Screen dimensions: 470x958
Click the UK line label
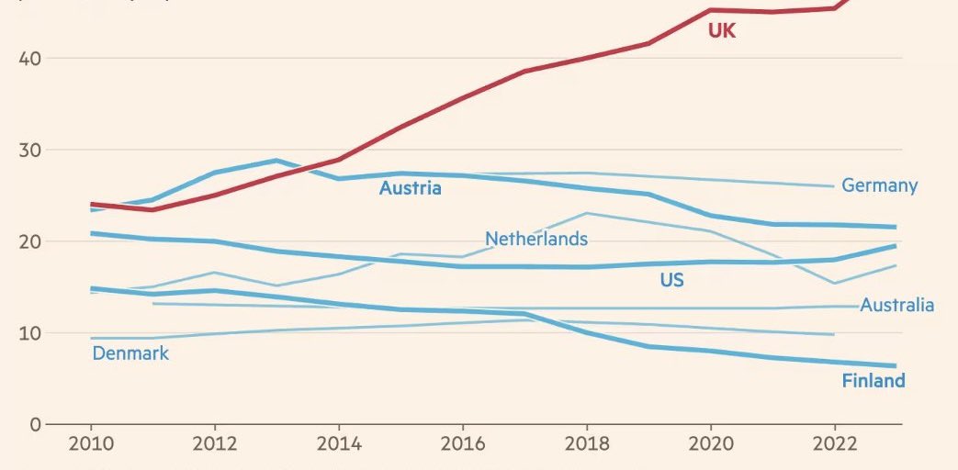point(722,31)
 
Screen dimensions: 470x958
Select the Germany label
point(879,185)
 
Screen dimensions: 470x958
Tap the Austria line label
point(410,188)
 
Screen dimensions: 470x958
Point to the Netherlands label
point(536,239)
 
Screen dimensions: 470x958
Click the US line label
point(671,280)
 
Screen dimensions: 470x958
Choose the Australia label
point(896,305)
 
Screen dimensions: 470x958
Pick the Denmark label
point(130,352)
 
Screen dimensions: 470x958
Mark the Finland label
point(873,380)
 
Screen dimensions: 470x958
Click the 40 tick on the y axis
point(29,58)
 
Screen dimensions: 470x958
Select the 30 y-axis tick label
point(29,150)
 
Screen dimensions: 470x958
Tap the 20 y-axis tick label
point(29,241)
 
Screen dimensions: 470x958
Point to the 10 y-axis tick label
point(29,332)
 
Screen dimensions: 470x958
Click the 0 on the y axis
point(35,424)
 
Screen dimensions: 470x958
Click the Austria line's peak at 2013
point(276,161)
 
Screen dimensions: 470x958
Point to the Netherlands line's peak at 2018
point(586,213)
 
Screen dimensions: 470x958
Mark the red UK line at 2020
point(711,10)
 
